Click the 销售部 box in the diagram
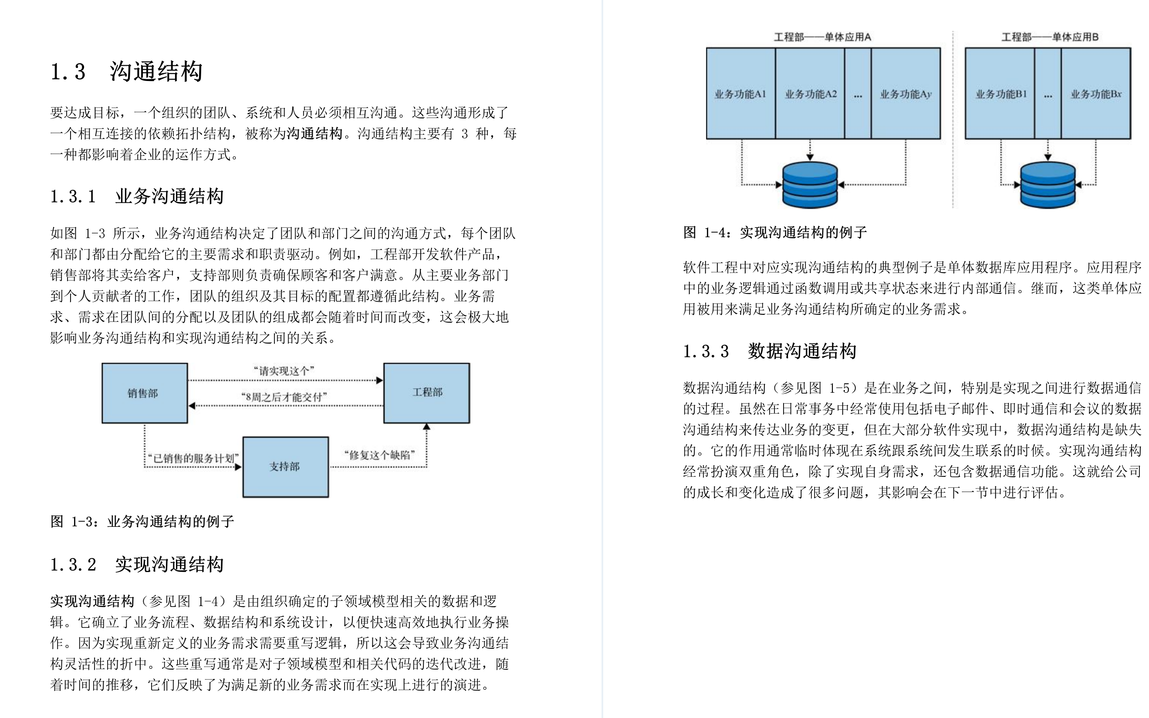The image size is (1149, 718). point(145,393)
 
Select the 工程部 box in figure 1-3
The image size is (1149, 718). point(426,393)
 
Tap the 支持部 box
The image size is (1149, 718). point(285,467)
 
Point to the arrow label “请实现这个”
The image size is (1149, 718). point(284,371)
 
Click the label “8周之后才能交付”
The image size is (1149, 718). point(284,397)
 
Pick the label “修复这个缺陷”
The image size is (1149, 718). point(379,455)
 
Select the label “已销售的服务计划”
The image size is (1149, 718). point(193,458)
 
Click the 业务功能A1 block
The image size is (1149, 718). point(740,94)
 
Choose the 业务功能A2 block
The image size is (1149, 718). point(810,94)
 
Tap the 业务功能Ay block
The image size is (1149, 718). point(906,94)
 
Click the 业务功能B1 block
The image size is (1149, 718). point(1001,94)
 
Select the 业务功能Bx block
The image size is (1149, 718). point(1096,94)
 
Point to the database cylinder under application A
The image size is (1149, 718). point(810,185)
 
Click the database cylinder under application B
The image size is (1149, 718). point(1048,185)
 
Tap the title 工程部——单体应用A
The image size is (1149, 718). point(823,37)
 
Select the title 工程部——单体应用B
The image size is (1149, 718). point(1050,37)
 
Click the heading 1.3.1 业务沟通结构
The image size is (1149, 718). point(137,196)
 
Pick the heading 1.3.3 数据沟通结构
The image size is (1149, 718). point(770,351)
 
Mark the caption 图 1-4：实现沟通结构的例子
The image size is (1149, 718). point(775,232)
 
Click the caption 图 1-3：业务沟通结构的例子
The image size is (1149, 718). point(142,521)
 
